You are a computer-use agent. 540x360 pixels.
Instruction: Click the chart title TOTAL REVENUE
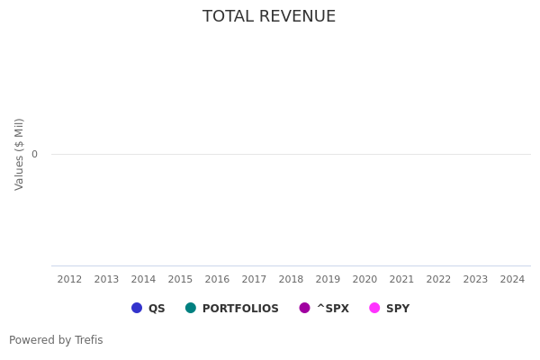(269, 17)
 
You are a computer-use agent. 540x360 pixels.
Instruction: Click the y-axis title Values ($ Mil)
(19, 154)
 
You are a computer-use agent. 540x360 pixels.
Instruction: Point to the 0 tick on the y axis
(34, 155)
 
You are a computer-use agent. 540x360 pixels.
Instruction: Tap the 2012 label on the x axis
(69, 280)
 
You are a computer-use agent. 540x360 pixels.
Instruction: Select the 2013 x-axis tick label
(106, 280)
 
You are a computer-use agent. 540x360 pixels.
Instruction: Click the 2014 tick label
(143, 280)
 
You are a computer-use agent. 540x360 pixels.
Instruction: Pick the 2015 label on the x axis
(180, 280)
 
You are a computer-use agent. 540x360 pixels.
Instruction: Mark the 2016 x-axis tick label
(217, 280)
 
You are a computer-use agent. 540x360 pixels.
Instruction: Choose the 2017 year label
(254, 280)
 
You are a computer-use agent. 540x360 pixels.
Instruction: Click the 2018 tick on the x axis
(291, 280)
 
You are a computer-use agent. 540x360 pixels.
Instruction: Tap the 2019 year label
(328, 280)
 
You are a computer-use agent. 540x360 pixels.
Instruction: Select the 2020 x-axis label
(364, 280)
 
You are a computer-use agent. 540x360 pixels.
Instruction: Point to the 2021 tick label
(401, 280)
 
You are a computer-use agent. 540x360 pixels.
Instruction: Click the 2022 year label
(438, 280)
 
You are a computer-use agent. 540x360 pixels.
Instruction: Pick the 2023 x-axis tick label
(475, 280)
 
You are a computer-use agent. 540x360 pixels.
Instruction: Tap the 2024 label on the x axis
(512, 280)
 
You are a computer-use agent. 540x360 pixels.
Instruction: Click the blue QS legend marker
(137, 308)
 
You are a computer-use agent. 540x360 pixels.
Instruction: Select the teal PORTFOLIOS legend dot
(191, 308)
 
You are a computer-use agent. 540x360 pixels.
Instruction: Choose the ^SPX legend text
(332, 309)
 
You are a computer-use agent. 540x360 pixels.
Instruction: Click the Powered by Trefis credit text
(56, 340)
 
